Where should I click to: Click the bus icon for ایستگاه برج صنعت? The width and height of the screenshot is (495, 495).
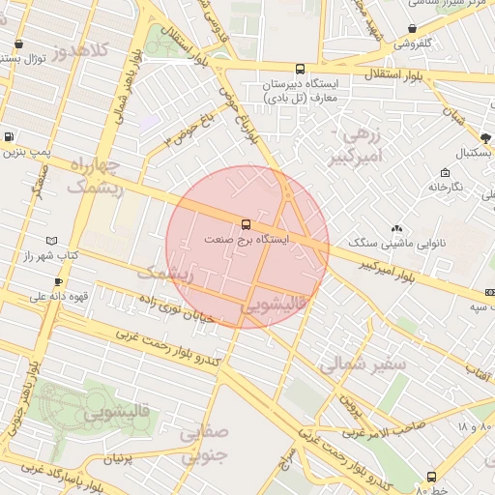click(x=246, y=223)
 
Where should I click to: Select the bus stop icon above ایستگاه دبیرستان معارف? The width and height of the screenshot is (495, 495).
click(x=300, y=70)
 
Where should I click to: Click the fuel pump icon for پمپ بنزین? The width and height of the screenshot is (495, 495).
click(x=10, y=138)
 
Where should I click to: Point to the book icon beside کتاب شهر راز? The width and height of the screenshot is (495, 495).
click(x=51, y=241)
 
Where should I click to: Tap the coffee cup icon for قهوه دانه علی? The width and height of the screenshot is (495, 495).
click(x=59, y=282)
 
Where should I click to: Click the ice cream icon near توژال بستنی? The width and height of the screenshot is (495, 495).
click(x=19, y=44)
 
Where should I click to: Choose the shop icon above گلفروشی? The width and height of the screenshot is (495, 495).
click(x=413, y=29)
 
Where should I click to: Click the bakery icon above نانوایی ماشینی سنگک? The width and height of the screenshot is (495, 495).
click(x=394, y=230)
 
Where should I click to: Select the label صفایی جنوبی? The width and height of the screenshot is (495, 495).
click(x=202, y=444)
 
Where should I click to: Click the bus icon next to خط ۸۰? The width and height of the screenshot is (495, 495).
click(x=431, y=476)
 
